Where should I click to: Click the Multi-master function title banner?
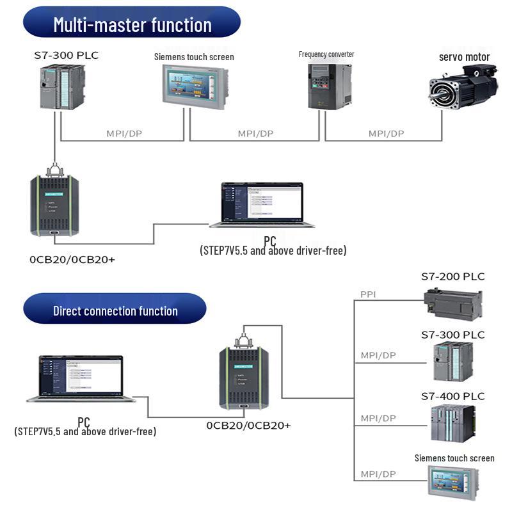[x=132, y=24]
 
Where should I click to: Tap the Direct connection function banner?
[x=115, y=310]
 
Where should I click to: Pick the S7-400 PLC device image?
[x=453, y=424]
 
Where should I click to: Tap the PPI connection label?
[x=368, y=294]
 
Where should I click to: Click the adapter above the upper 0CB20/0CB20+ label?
[x=54, y=204]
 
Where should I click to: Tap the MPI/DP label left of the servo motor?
[x=387, y=134]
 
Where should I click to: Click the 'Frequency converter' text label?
[x=326, y=54]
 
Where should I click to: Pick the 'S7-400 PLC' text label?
[x=452, y=396]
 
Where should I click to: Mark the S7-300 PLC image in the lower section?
[x=453, y=362]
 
